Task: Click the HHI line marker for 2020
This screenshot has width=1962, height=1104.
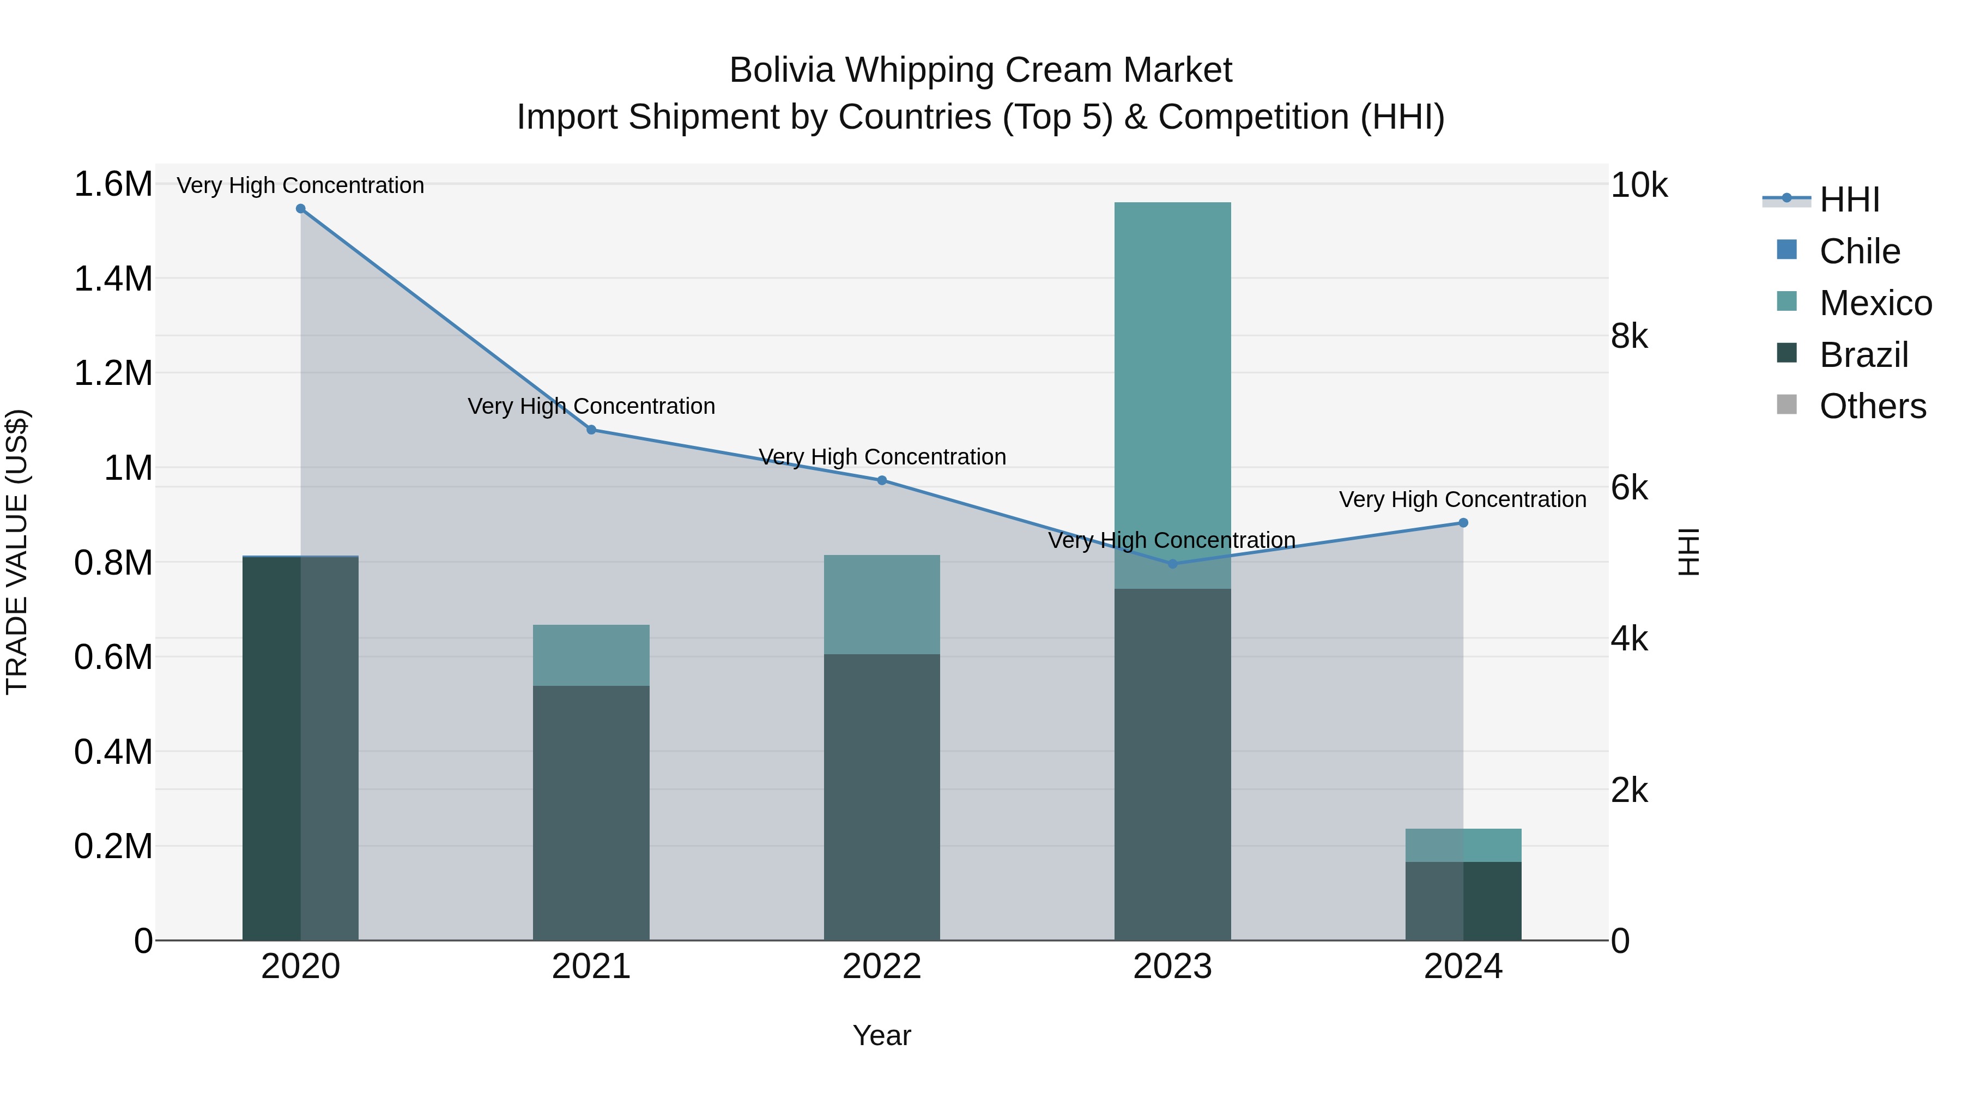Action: (300, 209)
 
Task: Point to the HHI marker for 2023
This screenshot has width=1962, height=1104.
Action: (1173, 564)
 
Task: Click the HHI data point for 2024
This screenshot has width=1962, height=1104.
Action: (1463, 523)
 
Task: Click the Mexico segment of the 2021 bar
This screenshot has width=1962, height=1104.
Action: (591, 655)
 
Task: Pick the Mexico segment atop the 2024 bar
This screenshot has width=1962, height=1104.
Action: (1463, 845)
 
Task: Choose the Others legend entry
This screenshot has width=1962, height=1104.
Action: (1872, 406)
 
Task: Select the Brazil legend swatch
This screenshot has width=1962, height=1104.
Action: (1787, 353)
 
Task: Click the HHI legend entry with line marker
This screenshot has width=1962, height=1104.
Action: (1821, 200)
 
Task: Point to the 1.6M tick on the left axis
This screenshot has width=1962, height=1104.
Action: (113, 184)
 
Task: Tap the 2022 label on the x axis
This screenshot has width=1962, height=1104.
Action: (882, 967)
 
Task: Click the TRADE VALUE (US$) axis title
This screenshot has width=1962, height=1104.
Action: (17, 552)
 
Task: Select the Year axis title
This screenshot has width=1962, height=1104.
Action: (882, 1035)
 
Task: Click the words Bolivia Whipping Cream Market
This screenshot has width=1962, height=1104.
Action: (980, 70)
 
